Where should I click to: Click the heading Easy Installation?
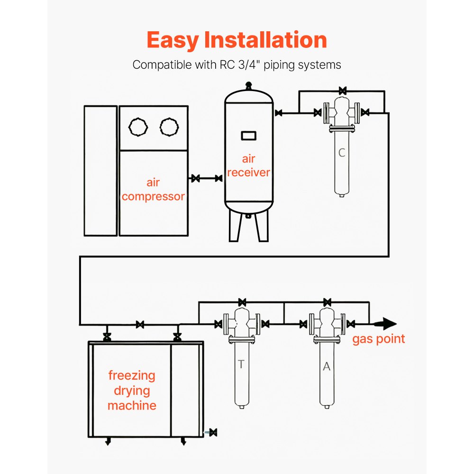coord(237,40)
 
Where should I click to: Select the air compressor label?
coord(153,190)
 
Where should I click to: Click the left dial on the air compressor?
coord(138,127)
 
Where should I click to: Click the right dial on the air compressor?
coord(169,127)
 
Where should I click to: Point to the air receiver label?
coord(248,165)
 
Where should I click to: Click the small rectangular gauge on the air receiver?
coord(248,136)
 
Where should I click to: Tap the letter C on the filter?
coord(342,153)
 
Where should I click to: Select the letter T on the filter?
coord(241,364)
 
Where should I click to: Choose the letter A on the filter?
coord(326,366)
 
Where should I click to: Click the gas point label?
coord(378,339)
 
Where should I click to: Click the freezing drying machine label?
coord(132,391)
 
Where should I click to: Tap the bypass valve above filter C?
coord(342,90)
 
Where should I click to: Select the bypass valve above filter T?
coord(242,302)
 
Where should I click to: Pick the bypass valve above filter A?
coord(327,302)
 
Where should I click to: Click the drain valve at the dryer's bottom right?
coord(213,432)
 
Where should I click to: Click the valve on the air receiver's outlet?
coord(279,113)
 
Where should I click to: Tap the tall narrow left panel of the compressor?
coord(100,171)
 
